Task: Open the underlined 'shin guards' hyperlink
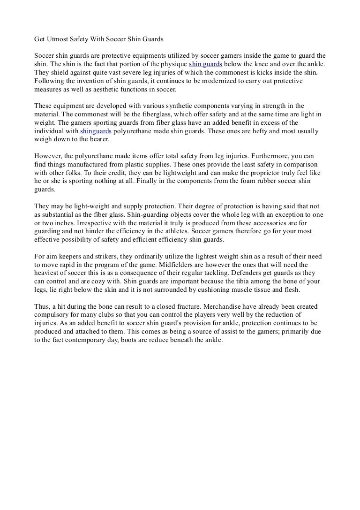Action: pos(205,64)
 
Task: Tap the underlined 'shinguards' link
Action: pos(96,131)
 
